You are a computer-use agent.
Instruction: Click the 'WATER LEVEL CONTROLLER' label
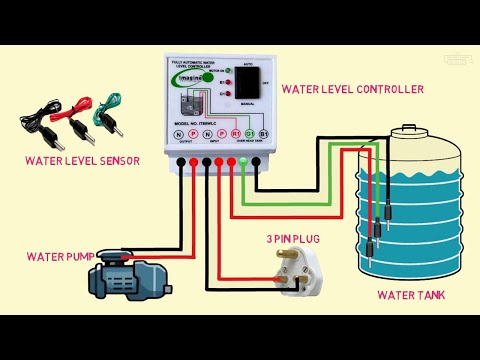pyautogui.click(x=353, y=89)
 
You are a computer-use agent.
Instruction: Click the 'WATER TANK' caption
pyautogui.click(x=411, y=295)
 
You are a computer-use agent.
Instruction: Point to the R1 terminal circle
pyautogui.click(x=235, y=133)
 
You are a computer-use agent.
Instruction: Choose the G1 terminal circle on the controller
pyautogui.click(x=249, y=133)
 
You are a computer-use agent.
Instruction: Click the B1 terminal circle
pyautogui.click(x=263, y=133)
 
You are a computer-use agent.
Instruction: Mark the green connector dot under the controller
pyautogui.click(x=243, y=159)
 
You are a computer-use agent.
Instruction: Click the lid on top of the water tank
pyautogui.click(x=409, y=133)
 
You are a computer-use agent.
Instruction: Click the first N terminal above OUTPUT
pyautogui.click(x=179, y=133)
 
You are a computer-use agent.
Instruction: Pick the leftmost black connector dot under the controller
pyautogui.click(x=180, y=159)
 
